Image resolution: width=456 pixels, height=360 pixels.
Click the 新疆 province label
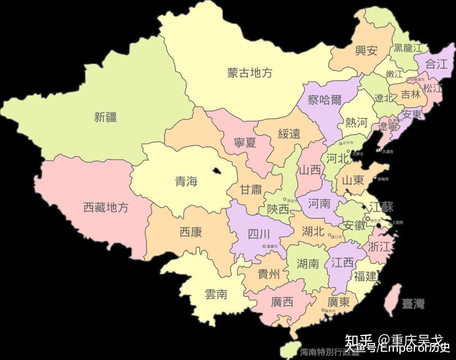click(105, 117)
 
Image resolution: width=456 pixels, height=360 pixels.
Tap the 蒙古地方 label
click(250, 73)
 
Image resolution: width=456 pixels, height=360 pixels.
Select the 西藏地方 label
click(106, 207)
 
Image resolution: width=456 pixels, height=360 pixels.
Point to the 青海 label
click(186, 182)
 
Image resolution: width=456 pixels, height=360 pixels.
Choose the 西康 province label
click(191, 232)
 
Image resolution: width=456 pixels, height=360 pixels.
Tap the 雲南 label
click(216, 294)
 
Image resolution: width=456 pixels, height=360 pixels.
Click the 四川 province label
click(259, 234)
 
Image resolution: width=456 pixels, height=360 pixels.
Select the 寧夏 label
click(245, 142)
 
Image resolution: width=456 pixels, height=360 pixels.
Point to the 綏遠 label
click(289, 134)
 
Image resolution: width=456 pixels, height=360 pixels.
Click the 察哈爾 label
click(325, 100)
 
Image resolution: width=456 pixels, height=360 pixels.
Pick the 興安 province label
click(366, 51)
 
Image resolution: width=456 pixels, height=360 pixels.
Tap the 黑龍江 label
click(408, 48)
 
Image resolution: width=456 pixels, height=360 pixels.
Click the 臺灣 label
click(413, 304)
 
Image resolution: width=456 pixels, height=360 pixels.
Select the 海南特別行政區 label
click(329, 352)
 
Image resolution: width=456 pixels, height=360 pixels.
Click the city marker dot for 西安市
click(285, 199)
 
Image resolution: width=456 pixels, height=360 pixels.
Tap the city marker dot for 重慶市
click(264, 246)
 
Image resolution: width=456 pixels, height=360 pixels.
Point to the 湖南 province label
click(308, 264)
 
